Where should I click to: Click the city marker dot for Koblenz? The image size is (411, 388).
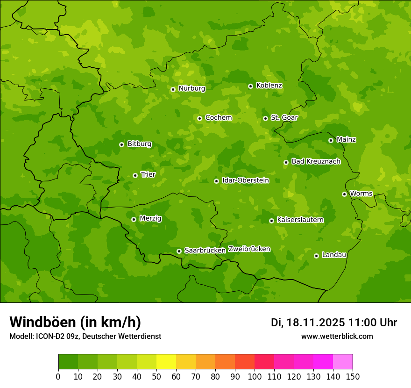click(251, 86)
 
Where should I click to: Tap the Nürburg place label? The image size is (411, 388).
click(192, 88)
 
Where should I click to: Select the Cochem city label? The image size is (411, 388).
click(219, 118)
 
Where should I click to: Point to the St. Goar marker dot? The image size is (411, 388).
click(266, 118)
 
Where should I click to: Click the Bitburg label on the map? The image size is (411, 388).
click(139, 144)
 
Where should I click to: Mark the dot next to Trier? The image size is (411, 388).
click(135, 175)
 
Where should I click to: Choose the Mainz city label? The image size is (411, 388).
click(346, 139)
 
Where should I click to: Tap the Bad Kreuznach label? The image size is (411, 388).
click(316, 161)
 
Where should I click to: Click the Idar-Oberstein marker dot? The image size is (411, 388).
click(217, 181)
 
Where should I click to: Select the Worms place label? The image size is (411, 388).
click(361, 194)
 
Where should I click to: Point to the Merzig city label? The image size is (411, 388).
click(150, 218)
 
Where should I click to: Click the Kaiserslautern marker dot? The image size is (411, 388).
click(272, 221)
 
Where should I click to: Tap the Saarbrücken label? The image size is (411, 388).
click(205, 250)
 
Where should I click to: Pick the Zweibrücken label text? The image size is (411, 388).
click(249, 249)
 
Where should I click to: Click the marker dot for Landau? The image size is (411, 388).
click(317, 256)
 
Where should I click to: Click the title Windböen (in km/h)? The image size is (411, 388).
click(75, 322)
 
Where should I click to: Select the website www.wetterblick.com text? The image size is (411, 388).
click(337, 336)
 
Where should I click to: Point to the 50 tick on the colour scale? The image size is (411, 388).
click(156, 376)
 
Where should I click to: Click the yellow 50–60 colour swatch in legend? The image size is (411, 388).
click(166, 361)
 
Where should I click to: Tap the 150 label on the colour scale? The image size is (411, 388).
click(352, 376)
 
